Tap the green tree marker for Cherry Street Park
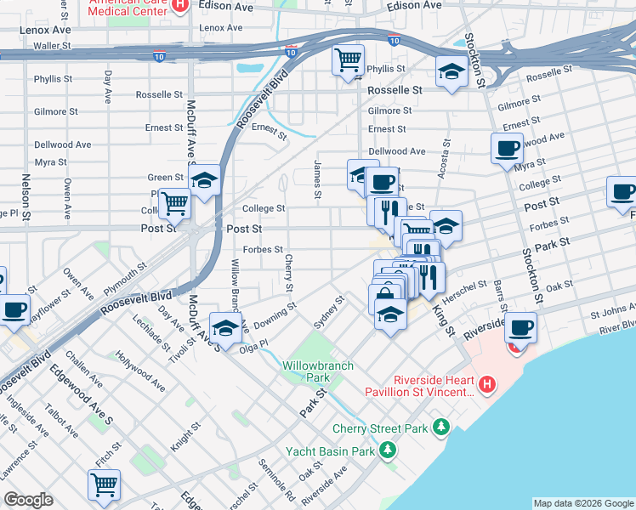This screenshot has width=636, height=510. (440, 425)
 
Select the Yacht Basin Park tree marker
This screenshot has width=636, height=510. (388, 449)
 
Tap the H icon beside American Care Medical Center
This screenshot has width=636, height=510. (178, 5)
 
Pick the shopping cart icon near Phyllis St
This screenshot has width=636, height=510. (348, 61)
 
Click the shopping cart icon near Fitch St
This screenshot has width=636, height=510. (104, 484)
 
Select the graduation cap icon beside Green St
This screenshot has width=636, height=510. (204, 180)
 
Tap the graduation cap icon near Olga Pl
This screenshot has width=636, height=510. (224, 328)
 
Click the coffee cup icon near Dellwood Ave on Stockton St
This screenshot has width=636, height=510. (507, 148)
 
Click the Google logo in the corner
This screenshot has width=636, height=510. (28, 500)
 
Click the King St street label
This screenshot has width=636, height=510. (443, 320)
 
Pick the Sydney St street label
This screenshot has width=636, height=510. (328, 312)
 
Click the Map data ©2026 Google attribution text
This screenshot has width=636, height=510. (582, 503)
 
